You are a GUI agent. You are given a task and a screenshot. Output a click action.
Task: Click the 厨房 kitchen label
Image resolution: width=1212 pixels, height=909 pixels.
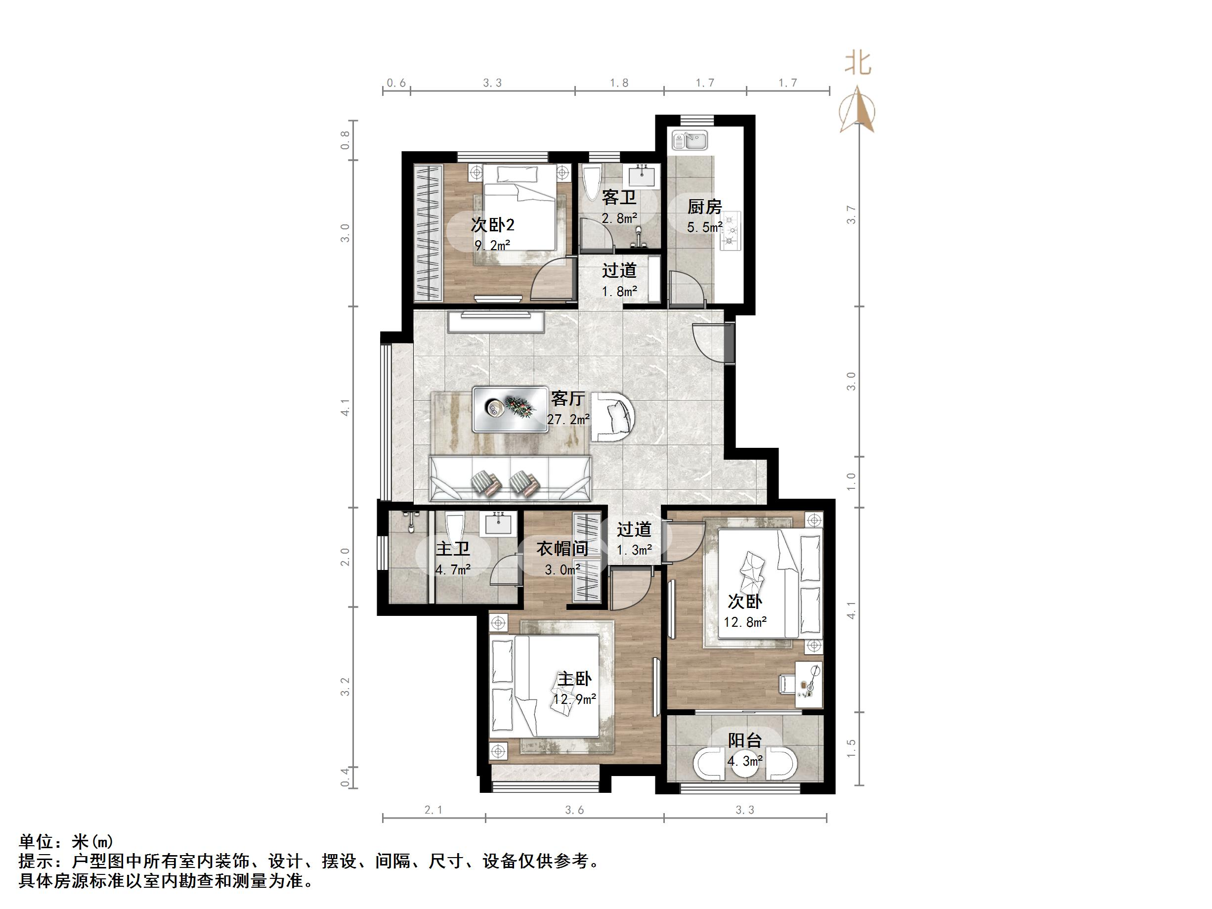click(x=705, y=207)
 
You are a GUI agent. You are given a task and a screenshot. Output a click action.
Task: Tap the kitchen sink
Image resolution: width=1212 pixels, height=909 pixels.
click(x=690, y=140)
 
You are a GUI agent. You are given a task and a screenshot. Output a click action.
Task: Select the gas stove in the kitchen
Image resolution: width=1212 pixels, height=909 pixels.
click(x=731, y=230)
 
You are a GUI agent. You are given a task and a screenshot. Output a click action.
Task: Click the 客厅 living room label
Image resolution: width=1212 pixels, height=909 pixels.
click(x=567, y=398)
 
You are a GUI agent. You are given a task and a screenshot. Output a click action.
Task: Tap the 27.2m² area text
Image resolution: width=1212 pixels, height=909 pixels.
click(x=568, y=419)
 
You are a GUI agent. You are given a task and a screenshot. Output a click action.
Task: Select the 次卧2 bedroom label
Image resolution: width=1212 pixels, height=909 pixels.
click(x=493, y=225)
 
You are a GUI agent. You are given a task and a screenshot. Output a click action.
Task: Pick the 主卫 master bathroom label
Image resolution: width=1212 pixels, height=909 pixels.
click(x=453, y=549)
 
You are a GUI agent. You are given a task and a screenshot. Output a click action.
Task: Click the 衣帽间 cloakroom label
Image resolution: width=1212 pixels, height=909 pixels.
click(x=562, y=549)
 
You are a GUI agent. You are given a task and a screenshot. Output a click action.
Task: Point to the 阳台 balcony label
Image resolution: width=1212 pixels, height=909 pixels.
click(x=744, y=741)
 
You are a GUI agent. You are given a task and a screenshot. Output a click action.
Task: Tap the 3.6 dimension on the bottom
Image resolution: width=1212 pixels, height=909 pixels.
click(x=574, y=810)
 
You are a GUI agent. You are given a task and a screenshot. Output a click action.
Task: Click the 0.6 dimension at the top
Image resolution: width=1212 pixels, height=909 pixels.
click(x=396, y=83)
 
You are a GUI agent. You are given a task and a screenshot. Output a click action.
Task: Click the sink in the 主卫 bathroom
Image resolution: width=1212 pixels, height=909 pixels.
click(x=498, y=524)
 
